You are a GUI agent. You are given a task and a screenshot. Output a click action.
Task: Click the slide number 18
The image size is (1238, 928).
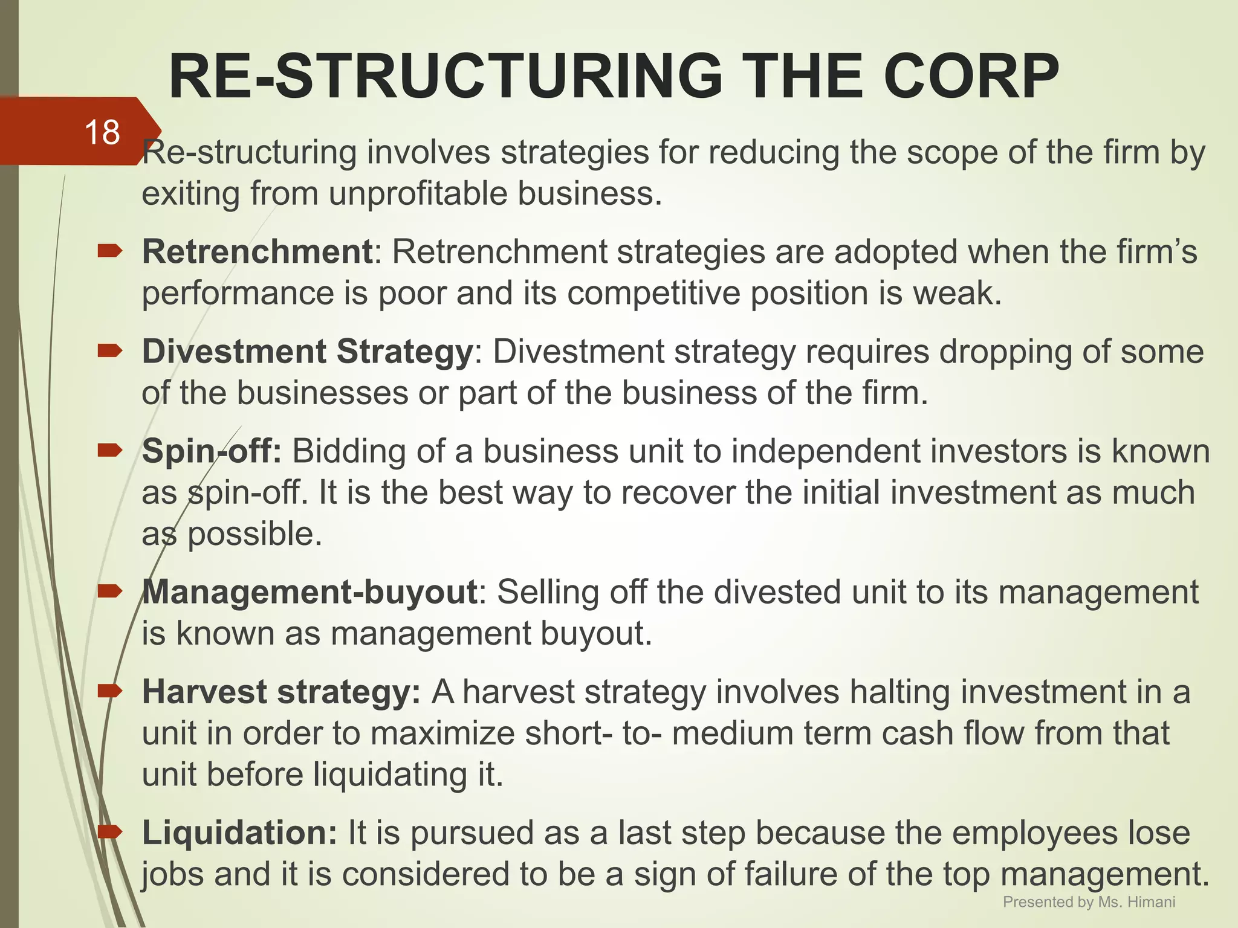102,132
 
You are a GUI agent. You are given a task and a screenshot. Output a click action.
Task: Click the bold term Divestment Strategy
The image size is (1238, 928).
307,352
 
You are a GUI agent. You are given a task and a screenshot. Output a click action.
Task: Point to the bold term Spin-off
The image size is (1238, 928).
212,451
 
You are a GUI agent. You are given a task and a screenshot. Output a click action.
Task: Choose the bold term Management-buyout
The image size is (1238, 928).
310,592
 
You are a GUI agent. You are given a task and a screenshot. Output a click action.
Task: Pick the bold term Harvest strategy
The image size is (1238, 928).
281,692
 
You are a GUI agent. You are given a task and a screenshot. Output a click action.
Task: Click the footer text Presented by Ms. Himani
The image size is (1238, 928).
1089,902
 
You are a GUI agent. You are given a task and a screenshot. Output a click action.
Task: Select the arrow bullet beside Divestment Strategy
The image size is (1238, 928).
110,350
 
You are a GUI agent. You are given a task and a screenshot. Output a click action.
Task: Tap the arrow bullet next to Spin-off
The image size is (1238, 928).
110,450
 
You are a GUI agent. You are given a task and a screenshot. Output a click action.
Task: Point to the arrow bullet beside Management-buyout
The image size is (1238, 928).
110,591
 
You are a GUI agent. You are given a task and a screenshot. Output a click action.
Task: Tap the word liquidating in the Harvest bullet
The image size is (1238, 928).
390,775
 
